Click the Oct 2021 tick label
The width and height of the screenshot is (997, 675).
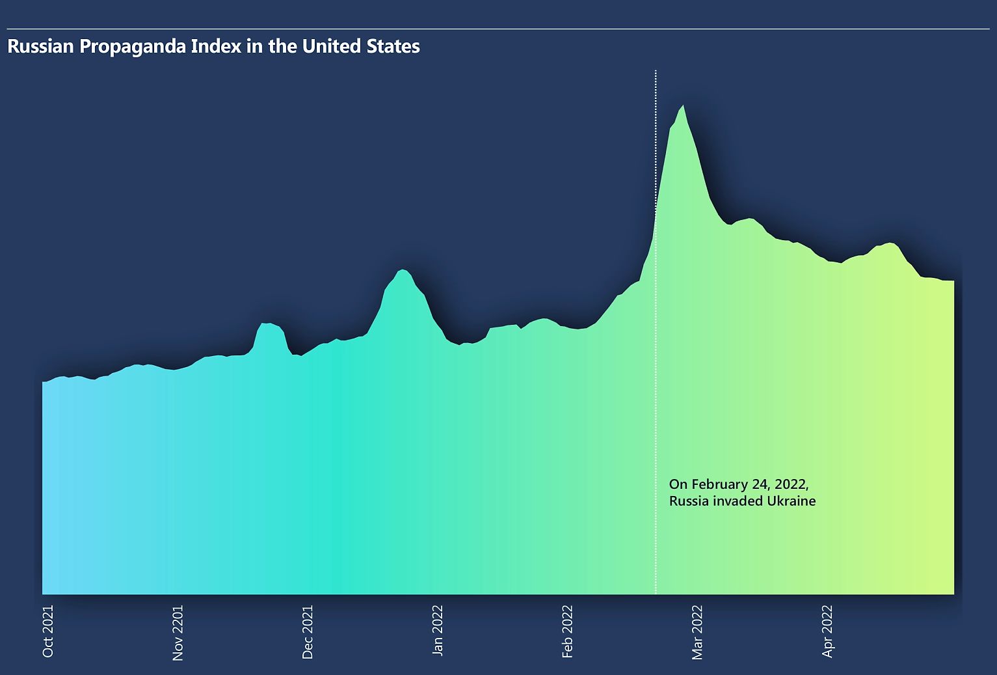[47, 631]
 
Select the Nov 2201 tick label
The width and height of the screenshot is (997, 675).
[178, 633]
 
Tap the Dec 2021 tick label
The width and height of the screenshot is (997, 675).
[308, 632]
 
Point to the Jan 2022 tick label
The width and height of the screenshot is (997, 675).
[438, 630]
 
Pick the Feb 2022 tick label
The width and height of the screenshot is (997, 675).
[568, 631]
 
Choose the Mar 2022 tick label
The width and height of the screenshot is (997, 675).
[698, 632]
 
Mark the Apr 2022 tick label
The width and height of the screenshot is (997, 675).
[827, 631]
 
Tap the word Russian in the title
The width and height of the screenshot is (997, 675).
[40, 47]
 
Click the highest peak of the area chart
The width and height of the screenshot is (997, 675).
[682, 106]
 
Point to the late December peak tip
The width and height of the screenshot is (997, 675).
[403, 269]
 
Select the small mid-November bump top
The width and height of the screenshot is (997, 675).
[265, 324]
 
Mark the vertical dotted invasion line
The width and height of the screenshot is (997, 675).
[656, 391]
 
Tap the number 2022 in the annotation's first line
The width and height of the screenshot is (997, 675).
[790, 484]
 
